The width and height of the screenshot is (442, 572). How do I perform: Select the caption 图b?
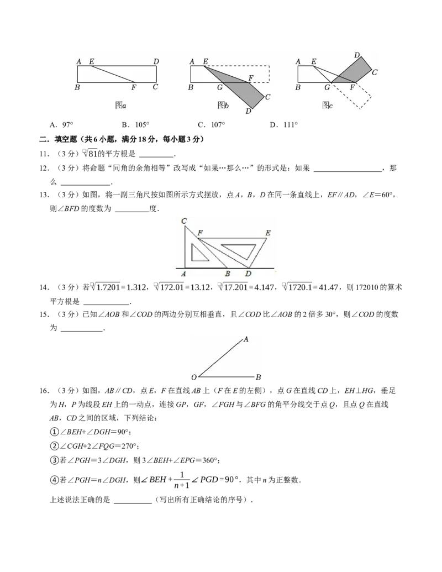223,105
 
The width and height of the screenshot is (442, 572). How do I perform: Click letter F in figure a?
133,87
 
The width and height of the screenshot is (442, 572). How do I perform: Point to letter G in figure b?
219,87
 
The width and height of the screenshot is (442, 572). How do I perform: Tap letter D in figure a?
156,61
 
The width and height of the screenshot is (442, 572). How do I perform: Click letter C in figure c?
374,72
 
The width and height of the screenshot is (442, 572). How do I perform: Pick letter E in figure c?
314,61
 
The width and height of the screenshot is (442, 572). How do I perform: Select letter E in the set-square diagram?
268,233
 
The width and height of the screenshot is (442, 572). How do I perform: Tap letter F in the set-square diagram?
199,233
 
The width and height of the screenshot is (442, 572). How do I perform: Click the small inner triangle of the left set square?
197,253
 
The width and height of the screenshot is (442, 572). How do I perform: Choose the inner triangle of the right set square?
239,250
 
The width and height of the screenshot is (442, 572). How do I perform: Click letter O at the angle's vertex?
194,378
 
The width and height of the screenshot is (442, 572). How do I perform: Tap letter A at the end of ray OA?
246,339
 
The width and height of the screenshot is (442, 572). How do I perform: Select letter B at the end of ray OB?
258,378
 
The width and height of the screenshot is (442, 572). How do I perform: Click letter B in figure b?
191,87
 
